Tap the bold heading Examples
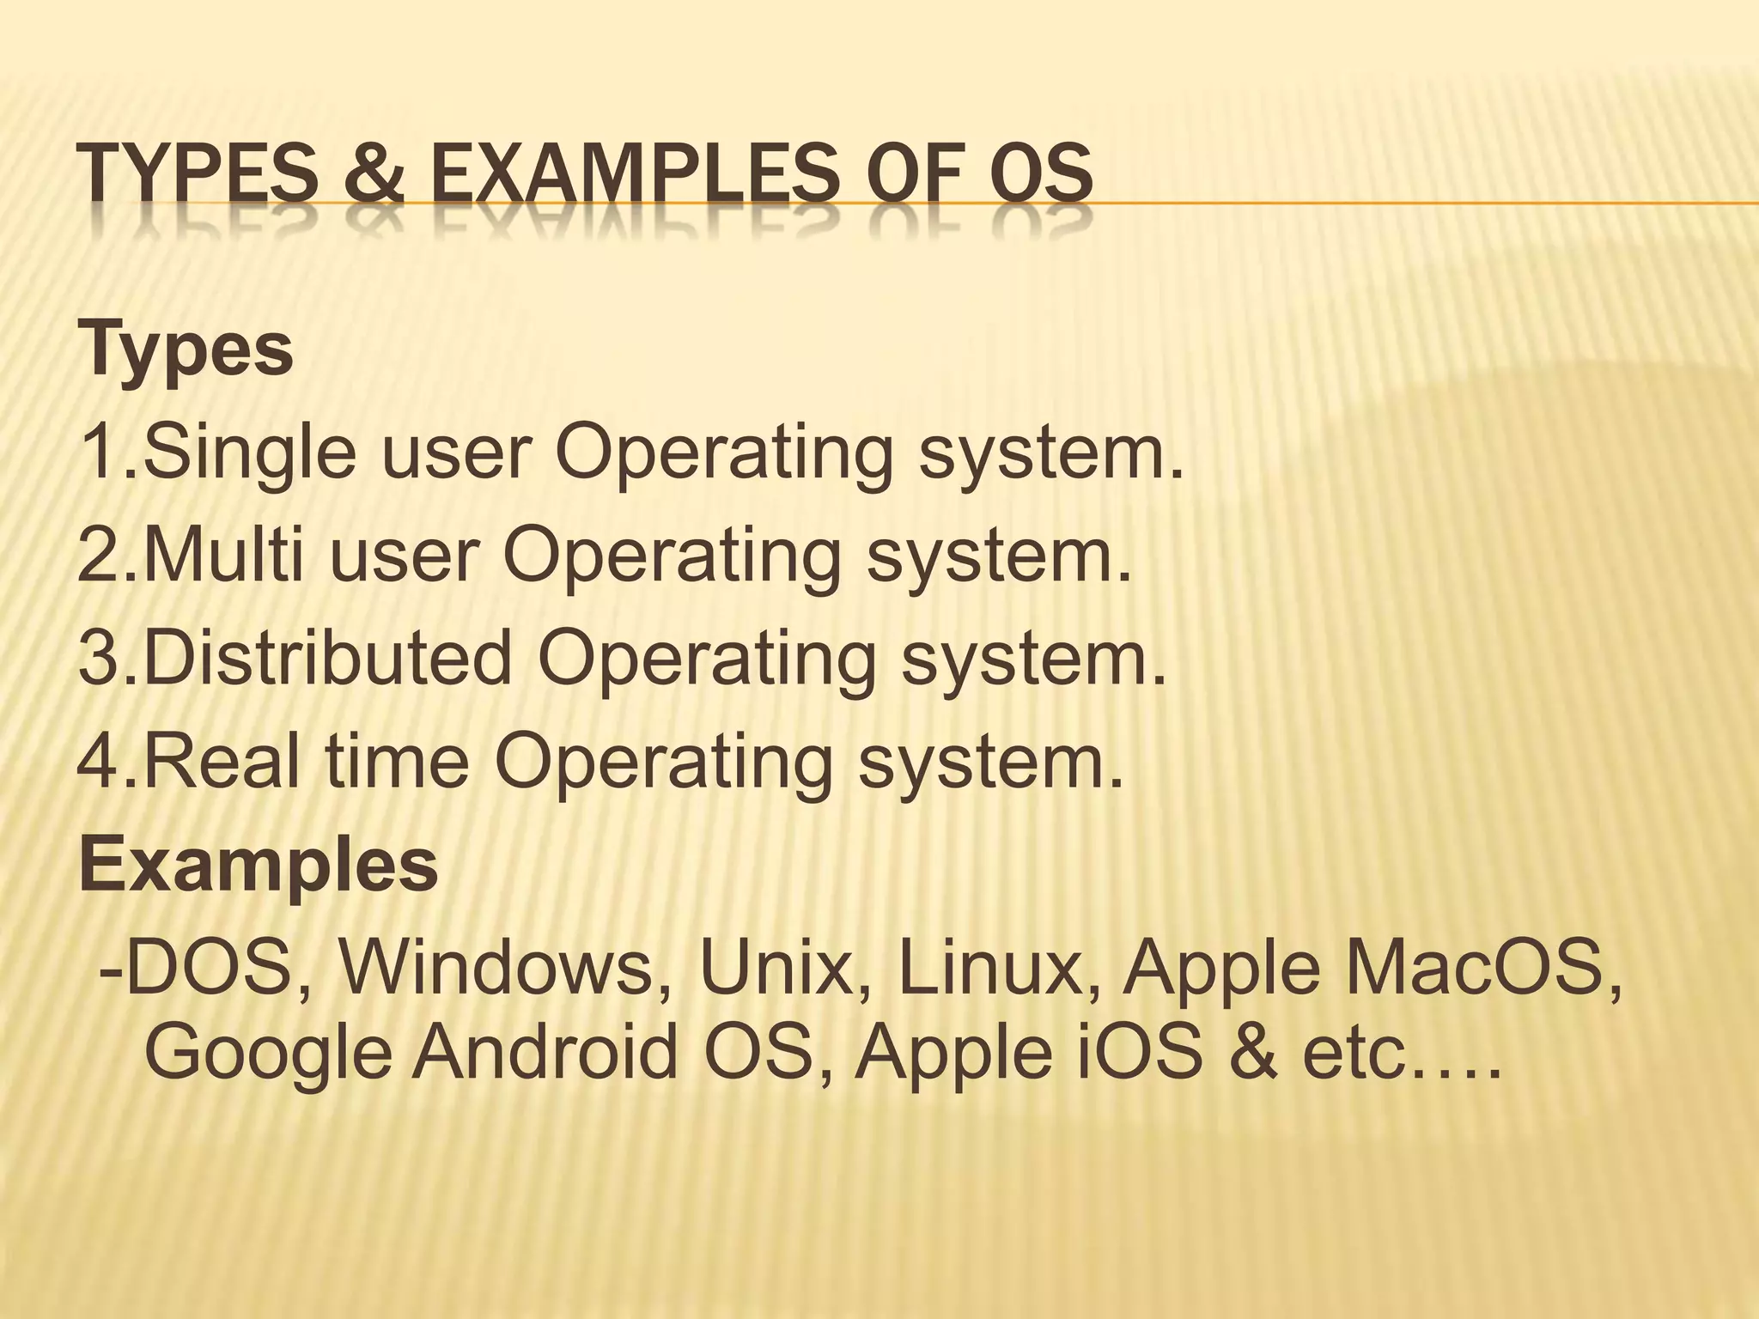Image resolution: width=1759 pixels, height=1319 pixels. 258,865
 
